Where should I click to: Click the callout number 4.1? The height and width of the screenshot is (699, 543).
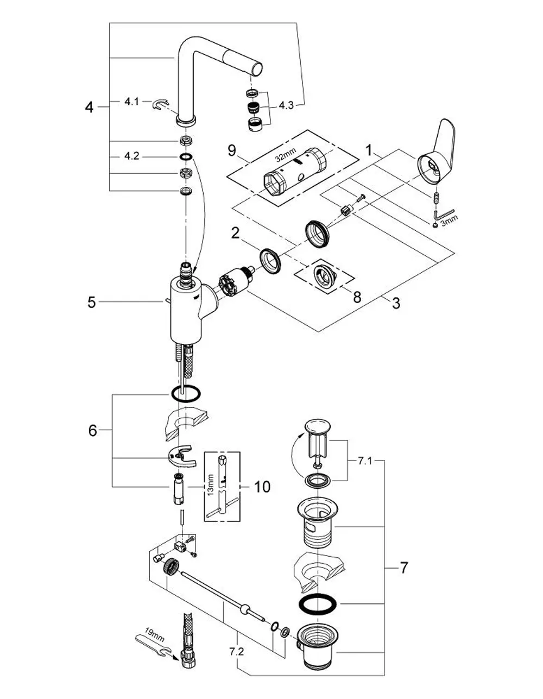[x=131, y=102]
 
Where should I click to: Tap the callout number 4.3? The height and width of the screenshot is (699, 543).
[x=286, y=105]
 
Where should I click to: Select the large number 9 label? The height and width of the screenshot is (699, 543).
[x=232, y=150]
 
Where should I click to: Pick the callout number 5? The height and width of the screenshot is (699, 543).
[x=92, y=303]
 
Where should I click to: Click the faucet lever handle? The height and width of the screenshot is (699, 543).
[x=437, y=152]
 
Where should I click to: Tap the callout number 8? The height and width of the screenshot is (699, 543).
[x=357, y=297]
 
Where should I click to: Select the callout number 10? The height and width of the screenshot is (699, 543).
[x=262, y=487]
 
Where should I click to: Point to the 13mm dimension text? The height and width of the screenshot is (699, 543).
[x=210, y=485]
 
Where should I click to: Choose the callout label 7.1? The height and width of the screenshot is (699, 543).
[x=365, y=461]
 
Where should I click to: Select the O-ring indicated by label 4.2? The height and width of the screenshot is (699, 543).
[x=186, y=157]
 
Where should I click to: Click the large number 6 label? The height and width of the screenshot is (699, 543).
[x=93, y=430]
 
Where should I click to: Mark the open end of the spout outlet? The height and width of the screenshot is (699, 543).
[x=257, y=70]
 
